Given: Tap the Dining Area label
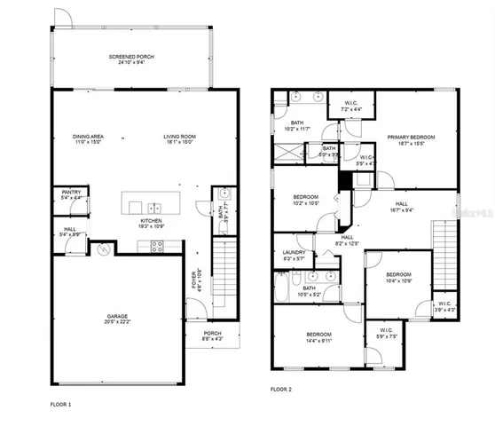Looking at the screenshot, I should pos(89,136).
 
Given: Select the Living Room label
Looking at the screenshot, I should pos(179,136).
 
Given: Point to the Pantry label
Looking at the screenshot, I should pos(71,192).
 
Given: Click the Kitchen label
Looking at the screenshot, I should pos(152,219).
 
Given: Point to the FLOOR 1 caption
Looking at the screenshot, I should pos(61,405).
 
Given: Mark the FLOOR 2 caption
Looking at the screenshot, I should pos(281,389).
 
